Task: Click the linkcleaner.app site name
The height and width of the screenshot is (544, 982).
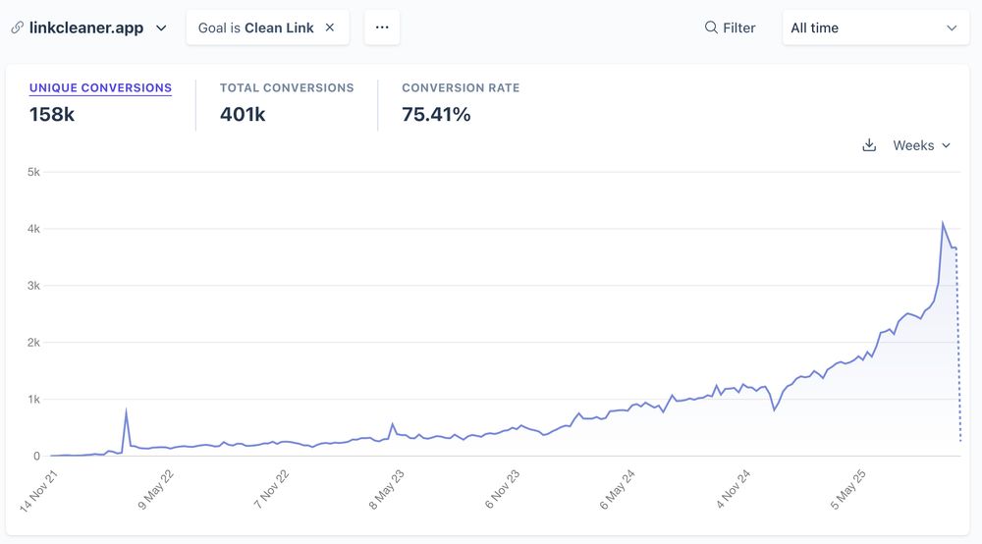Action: [86, 27]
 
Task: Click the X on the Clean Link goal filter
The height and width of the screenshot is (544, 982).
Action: [330, 27]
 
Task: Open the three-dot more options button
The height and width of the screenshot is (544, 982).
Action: [382, 27]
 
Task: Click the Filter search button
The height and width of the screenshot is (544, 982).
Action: [730, 27]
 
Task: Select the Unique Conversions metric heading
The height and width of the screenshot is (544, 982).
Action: [100, 87]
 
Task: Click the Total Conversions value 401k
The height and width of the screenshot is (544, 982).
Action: [243, 114]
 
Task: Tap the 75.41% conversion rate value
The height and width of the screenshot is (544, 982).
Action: [436, 114]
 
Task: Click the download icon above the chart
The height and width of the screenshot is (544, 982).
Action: [869, 145]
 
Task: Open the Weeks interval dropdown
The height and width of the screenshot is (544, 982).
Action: [921, 145]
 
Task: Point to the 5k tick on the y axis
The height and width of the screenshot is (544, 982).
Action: [33, 172]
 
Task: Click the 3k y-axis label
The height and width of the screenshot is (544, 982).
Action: [33, 286]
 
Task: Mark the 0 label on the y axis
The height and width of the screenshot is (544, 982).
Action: [36, 457]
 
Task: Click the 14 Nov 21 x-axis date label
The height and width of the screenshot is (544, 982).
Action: [40, 488]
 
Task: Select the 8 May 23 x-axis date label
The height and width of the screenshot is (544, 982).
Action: [386, 488]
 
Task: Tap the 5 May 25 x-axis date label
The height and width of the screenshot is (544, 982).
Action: [848, 488]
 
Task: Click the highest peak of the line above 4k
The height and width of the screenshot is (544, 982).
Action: [943, 223]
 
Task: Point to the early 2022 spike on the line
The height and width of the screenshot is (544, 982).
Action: [126, 410]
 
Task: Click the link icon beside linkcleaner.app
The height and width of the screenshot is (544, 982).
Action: [17, 27]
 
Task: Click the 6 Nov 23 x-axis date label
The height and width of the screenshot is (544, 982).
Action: [502, 488]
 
